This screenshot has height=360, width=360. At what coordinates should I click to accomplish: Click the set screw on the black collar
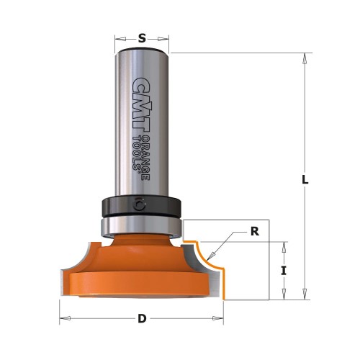(139, 204)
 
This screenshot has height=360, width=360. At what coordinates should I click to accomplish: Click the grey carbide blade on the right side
(192, 256)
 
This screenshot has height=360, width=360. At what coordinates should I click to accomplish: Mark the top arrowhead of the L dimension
(305, 58)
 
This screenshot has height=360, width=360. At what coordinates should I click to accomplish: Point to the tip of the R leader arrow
(206, 260)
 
